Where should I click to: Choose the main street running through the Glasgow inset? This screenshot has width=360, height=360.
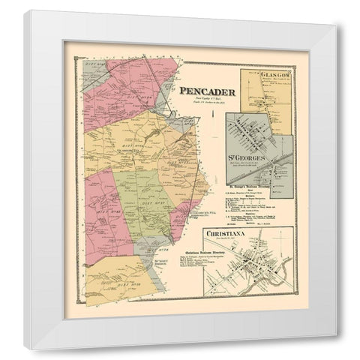click(265, 94)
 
